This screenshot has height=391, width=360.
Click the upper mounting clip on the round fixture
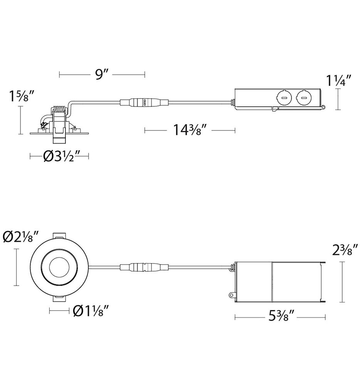click(x=59, y=235)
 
